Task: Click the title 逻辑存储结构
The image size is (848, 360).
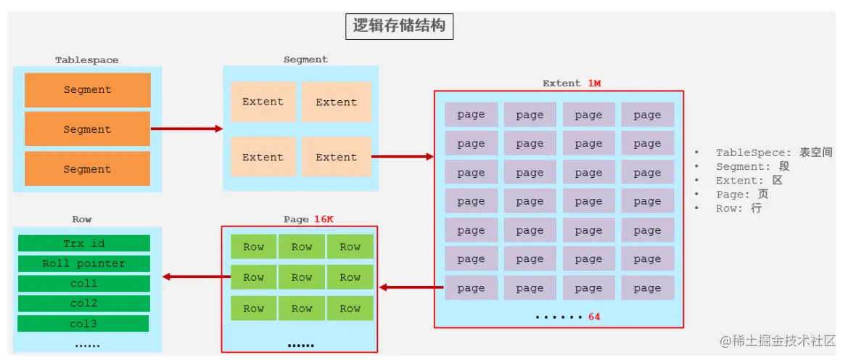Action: click(399, 27)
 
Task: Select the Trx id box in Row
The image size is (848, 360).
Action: click(83, 243)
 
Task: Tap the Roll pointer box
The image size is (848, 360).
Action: click(83, 263)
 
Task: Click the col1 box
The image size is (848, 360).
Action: click(83, 283)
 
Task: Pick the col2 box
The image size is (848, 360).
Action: click(83, 303)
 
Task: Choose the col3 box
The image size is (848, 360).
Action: click(83, 324)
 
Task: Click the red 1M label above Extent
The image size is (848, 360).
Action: click(594, 83)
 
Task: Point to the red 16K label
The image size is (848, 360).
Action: click(324, 219)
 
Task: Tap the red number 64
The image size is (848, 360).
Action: click(594, 317)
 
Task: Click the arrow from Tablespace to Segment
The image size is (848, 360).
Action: click(186, 129)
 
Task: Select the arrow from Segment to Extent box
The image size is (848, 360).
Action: click(403, 156)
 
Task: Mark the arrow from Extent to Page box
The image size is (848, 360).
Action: click(411, 287)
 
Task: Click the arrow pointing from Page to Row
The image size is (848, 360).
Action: click(192, 277)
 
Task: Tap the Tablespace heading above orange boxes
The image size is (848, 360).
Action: click(87, 60)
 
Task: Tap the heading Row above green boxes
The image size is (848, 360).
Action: click(82, 219)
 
